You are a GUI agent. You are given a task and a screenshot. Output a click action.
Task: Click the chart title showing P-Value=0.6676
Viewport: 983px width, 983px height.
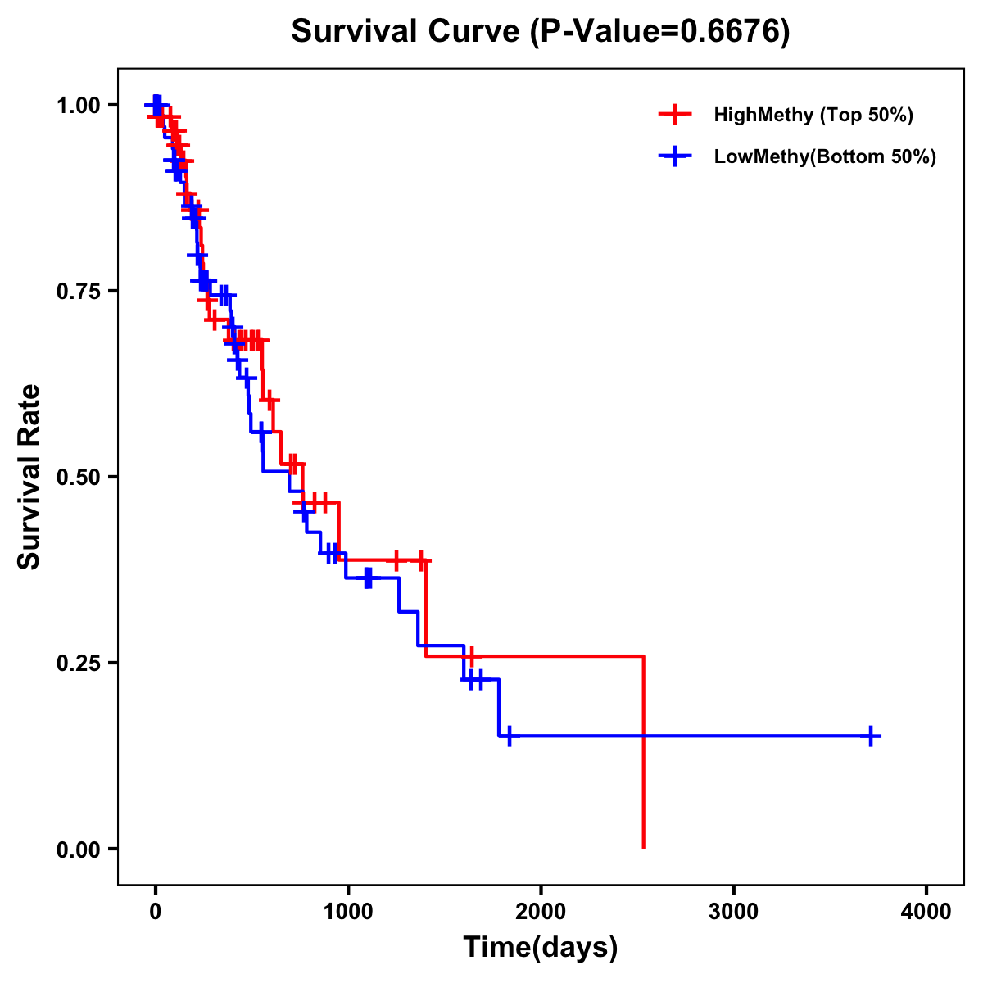click(541, 32)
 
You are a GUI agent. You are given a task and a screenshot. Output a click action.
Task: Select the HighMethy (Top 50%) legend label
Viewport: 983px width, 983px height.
click(813, 115)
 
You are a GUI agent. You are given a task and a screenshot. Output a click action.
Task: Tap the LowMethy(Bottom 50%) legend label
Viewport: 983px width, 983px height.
click(825, 157)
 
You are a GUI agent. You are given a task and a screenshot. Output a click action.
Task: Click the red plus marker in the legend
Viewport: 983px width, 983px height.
click(674, 115)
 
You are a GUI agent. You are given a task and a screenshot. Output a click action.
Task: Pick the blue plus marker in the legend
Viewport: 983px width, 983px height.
click(674, 157)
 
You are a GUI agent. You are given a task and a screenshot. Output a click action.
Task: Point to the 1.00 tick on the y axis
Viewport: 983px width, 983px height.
click(79, 106)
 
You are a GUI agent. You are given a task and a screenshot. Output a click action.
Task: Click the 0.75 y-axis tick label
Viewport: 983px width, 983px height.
click(79, 292)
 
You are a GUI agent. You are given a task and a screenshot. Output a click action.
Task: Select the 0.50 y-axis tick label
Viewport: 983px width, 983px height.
click(79, 478)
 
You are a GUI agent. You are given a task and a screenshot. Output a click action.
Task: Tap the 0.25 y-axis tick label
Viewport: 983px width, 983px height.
click(79, 664)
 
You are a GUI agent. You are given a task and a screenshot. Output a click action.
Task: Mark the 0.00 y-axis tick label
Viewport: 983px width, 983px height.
click(79, 849)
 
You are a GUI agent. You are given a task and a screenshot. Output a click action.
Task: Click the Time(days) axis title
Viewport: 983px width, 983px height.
click(541, 948)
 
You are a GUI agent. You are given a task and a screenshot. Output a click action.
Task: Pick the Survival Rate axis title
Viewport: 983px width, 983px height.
click(29, 477)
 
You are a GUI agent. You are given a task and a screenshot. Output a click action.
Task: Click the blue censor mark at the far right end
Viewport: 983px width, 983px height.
click(871, 736)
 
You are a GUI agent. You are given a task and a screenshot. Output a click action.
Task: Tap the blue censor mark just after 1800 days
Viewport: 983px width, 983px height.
click(509, 736)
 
